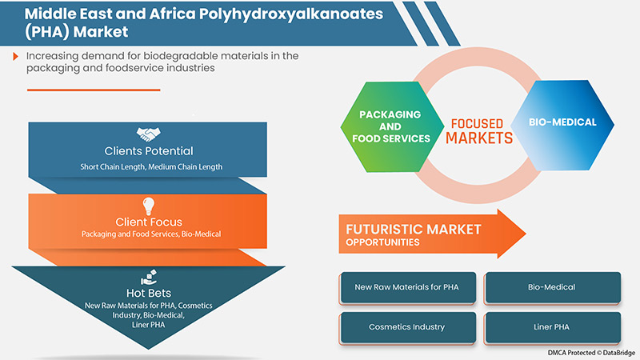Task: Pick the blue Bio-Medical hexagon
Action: pos(564,124)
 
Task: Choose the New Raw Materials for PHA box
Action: pos(408,286)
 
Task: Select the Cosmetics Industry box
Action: pos(408,327)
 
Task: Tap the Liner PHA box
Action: pos(552,327)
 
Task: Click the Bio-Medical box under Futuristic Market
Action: pos(552,286)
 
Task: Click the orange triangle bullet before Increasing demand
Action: pos(16,56)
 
